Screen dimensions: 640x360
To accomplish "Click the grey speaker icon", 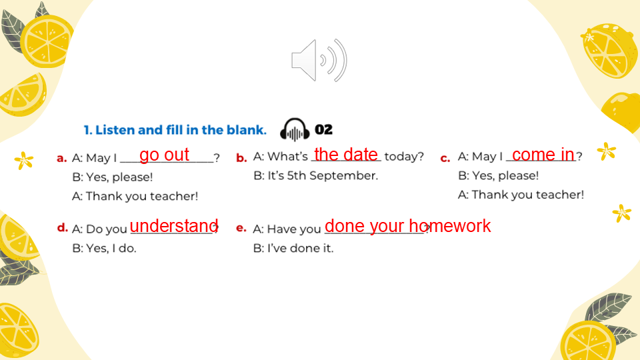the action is coord(319,61).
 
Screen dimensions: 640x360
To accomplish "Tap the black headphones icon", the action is coord(295,130).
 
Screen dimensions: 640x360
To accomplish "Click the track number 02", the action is coord(324,130).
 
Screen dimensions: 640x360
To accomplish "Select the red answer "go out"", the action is coord(164,155).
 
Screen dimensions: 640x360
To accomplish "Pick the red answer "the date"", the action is coord(346,154).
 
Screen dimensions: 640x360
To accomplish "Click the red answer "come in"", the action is coord(543,154).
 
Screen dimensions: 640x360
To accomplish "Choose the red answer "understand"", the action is coord(174,226).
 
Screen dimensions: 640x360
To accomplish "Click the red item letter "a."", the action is coord(61,158).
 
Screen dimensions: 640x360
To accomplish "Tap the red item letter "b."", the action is coord(241,157).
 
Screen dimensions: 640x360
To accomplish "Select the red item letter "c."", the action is coord(445,158).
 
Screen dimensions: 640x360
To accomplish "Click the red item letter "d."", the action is coord(63,227).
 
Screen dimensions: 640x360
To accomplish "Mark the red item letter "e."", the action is coord(241,228).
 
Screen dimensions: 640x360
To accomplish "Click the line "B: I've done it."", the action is coord(293,248).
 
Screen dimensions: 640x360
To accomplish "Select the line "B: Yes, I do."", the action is coord(104,248).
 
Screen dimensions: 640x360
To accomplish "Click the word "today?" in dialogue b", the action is coord(404,156).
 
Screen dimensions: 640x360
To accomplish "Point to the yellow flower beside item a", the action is coord(24,160).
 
